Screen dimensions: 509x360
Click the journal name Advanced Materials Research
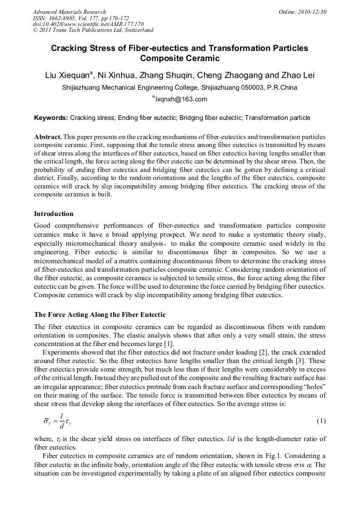coord(69,12)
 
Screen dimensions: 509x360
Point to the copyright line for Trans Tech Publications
coord(93,30)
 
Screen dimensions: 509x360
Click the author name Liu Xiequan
coord(68,76)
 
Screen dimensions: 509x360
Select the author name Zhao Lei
coord(297,76)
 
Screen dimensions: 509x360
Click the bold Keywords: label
coord(51,118)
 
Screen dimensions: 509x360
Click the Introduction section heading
coord(54,214)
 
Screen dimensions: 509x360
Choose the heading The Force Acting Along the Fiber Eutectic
coord(100,315)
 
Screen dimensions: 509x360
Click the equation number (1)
coord(321,421)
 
